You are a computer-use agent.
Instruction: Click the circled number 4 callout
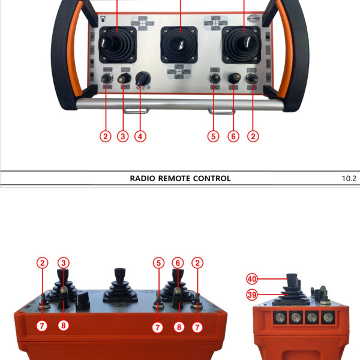[x=140, y=136]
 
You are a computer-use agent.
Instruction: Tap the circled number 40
[x=251, y=278]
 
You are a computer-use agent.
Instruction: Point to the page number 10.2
[x=349, y=178]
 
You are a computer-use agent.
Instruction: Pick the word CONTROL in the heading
[x=211, y=178]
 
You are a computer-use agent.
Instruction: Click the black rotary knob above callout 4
[x=143, y=79]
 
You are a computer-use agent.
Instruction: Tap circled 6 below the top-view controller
[x=233, y=136]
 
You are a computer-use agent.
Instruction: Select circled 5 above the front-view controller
[x=158, y=263]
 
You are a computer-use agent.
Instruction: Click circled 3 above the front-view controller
[x=63, y=263]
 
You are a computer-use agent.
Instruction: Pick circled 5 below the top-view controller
[x=214, y=136]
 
